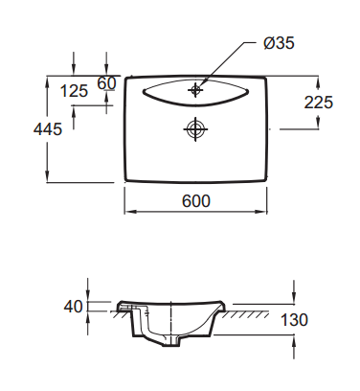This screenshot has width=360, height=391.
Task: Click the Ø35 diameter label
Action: coord(279,43)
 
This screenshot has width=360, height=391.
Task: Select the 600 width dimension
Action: coord(196,201)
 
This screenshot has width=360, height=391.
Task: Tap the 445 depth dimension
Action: coord(48,129)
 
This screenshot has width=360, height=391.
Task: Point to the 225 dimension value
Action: coord(318,103)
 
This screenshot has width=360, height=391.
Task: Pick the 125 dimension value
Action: coord(74,91)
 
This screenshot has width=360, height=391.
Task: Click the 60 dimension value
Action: coord(106,83)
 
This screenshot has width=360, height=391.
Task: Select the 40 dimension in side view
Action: coord(73,307)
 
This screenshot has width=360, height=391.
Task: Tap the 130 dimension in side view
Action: coord(294,320)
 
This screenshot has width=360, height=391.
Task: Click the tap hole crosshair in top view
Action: coord(195,89)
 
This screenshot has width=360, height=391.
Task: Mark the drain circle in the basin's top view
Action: coord(195,129)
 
